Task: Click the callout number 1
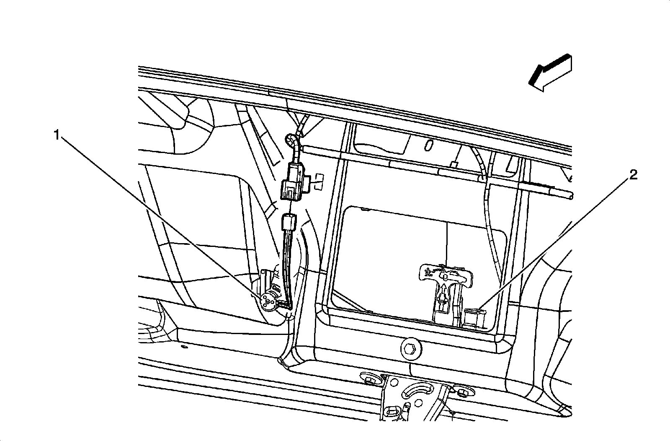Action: (56, 135)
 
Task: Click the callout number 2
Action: (633, 175)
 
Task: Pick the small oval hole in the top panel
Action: (428, 145)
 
